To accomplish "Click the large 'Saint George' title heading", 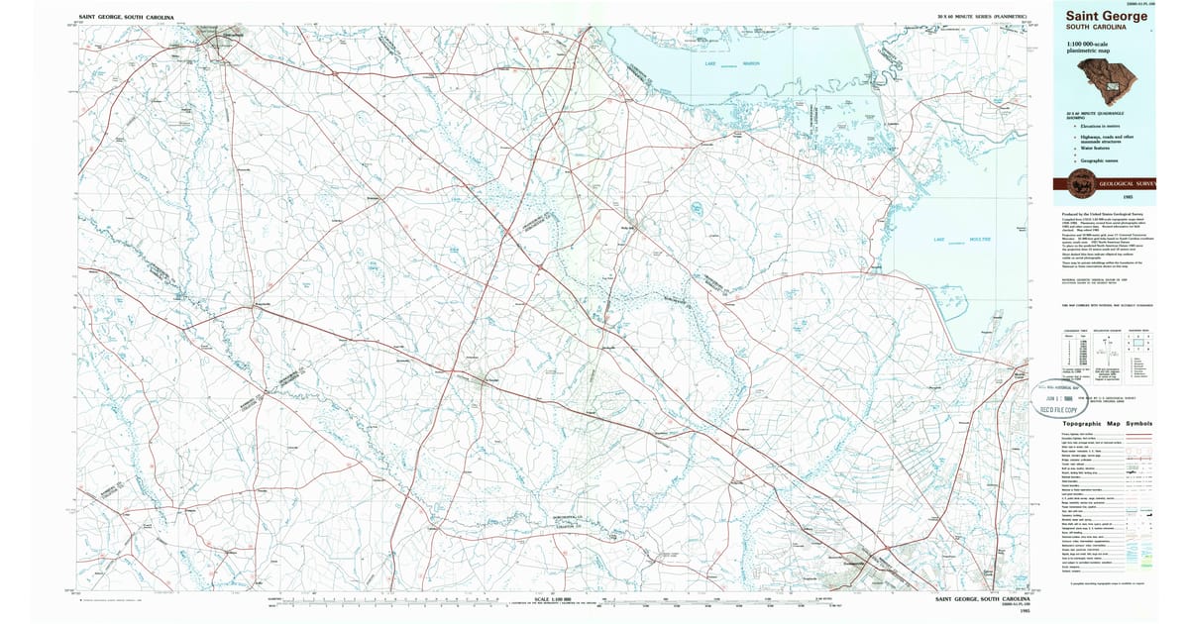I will tap(1106, 16).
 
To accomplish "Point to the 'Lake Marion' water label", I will tap(730, 64).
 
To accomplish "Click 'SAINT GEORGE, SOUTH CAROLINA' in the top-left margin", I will tap(126, 17).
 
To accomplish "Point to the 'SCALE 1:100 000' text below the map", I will tap(554, 598).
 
